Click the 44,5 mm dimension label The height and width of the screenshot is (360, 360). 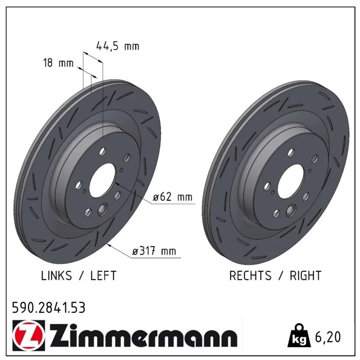[118, 46]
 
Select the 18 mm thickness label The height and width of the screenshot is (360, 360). [58, 63]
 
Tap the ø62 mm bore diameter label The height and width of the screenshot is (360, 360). [172, 197]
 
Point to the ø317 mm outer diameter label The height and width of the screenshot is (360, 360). [154, 251]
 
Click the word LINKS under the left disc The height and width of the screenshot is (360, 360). [57, 275]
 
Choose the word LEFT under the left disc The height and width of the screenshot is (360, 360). [103, 275]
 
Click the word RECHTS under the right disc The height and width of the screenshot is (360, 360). [250, 275]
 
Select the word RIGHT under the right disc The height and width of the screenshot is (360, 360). [306, 275]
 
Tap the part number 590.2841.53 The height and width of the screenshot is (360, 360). [49, 308]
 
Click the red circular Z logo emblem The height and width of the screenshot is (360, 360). [29, 335]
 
